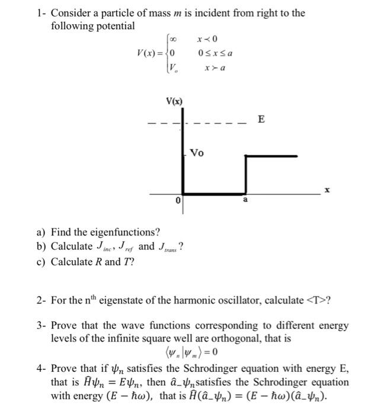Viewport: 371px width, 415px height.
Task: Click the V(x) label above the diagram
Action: pos(174,102)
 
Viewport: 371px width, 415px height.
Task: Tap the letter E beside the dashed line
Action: pos(261,121)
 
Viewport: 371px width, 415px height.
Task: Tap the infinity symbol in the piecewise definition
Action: pos(172,39)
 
